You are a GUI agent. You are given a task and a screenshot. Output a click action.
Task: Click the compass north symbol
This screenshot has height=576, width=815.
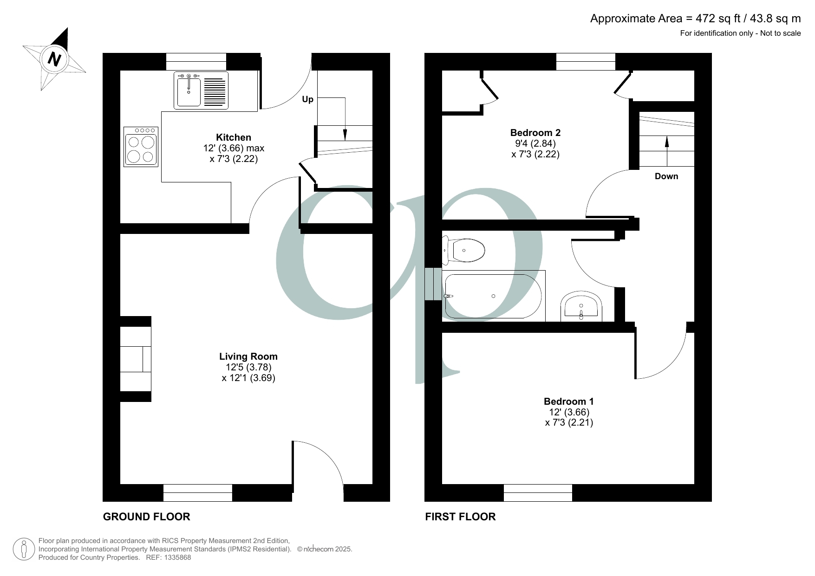coord(55,59)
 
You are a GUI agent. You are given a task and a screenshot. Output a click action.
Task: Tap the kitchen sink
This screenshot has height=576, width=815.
coord(201,91)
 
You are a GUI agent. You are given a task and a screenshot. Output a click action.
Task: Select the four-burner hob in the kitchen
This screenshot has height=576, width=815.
coord(141,147)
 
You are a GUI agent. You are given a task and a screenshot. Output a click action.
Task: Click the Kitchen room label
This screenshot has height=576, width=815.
coord(234,137)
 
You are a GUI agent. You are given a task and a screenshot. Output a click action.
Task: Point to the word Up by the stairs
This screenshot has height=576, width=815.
coord(308,99)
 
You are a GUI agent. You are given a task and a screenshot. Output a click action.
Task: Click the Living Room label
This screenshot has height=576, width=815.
coord(248,356)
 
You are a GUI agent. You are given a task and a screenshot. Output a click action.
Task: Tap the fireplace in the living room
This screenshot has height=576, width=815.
coord(136,359)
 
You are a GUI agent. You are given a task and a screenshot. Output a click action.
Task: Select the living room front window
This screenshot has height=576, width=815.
coord(198,493)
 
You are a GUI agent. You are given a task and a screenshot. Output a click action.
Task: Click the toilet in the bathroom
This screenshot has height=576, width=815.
coord(463,250)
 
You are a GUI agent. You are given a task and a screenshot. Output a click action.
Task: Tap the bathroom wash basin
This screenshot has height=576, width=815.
coord(581,306)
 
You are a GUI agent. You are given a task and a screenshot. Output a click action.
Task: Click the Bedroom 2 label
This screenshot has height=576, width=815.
coord(535,133)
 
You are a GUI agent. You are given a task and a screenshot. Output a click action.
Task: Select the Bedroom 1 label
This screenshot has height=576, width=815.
coord(569,401)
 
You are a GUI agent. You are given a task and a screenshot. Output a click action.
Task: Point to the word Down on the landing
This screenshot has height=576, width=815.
coord(666,176)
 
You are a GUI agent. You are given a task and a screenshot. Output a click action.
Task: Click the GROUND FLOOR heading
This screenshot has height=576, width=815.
coord(147,517)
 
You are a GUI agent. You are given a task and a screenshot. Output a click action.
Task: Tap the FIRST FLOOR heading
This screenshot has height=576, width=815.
coord(460,517)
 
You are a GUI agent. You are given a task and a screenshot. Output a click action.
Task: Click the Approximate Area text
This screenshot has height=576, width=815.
coord(696,19)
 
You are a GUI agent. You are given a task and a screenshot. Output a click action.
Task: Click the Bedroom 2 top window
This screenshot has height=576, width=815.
coord(586,62)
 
